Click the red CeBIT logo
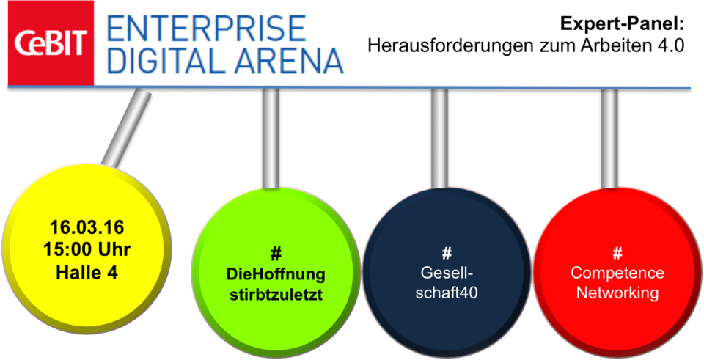pyautogui.click(x=51, y=43)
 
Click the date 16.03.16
pyautogui.click(x=87, y=228)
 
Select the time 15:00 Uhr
pyautogui.click(x=87, y=249)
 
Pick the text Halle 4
pyautogui.click(x=87, y=272)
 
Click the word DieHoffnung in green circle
pyautogui.click(x=276, y=275)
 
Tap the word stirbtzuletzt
pyautogui.click(x=276, y=295)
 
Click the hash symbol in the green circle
pyautogui.click(x=276, y=254)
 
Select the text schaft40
pyautogui.click(x=447, y=293)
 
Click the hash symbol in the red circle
pyautogui.click(x=617, y=254)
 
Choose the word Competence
pyautogui.click(x=617, y=273)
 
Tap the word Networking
pyautogui.click(x=617, y=293)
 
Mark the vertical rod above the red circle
pyautogui.click(x=609, y=138)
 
